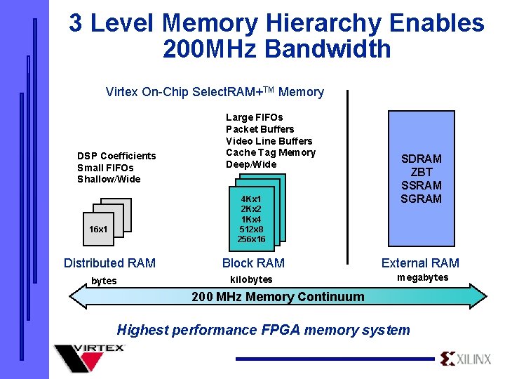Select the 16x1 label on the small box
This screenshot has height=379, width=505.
(98, 230)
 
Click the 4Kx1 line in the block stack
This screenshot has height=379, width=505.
(251, 199)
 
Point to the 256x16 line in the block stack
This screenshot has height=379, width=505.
(251, 239)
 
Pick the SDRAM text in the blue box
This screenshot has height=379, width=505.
(421, 159)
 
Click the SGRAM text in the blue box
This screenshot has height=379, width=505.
(421, 199)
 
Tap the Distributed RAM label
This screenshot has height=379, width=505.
(109, 263)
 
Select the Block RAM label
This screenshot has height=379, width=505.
(253, 263)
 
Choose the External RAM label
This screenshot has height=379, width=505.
(420, 263)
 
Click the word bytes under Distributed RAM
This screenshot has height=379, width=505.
(104, 281)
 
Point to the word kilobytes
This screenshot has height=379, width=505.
(251, 279)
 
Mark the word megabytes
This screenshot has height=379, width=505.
(422, 278)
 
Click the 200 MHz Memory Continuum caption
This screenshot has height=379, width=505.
(278, 297)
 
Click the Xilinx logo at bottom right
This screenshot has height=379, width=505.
(466, 359)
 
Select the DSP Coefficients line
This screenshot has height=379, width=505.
(116, 156)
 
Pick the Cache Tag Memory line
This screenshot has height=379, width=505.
(271, 152)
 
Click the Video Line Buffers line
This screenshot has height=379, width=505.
(269, 141)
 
